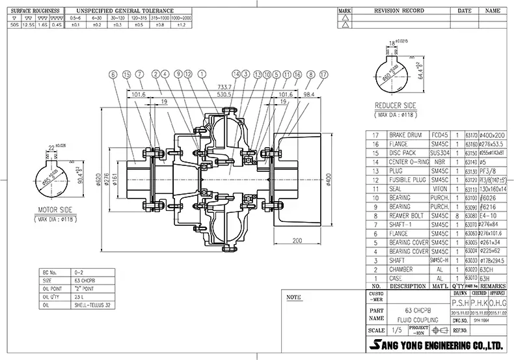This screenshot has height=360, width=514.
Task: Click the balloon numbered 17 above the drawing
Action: pos(323,74)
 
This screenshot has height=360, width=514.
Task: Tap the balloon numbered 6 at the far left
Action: pos(113,74)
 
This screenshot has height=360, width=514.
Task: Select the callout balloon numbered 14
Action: pos(237,74)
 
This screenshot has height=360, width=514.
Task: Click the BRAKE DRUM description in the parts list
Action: pos(405,135)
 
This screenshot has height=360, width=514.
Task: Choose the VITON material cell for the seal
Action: pos(440,187)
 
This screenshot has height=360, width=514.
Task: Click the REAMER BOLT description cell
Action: pos(407,214)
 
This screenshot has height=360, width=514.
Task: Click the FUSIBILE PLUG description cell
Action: pos(408,179)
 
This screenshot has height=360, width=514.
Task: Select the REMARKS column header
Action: pos(493,286)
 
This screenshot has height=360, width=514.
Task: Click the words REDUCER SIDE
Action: pos(396,104)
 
